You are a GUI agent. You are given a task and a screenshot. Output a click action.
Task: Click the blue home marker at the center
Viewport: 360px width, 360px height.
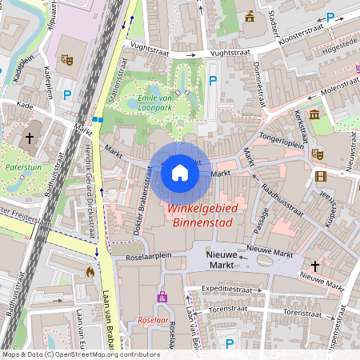point(180,172)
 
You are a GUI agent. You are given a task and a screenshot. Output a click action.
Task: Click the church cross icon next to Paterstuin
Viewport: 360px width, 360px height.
point(30,138)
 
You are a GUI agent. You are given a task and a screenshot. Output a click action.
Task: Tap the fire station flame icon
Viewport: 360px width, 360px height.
point(89,272)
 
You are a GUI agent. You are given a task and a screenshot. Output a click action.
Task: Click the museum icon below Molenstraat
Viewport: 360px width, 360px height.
point(314,116)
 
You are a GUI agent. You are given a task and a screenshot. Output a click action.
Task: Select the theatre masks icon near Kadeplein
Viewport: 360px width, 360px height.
point(68,59)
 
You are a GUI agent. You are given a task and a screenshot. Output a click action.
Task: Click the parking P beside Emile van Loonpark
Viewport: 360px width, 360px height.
point(212,80)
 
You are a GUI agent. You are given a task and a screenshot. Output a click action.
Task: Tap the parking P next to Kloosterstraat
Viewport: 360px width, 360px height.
point(330,16)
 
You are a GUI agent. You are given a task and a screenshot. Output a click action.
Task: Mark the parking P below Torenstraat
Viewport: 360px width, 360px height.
point(230,343)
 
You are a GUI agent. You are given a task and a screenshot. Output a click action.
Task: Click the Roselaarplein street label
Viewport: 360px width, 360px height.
point(143,257)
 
